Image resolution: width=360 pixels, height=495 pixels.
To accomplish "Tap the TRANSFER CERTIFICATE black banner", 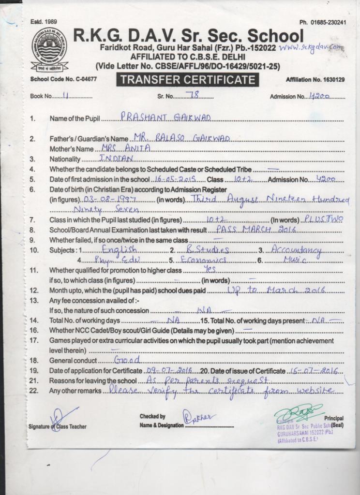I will click(x=187, y=80).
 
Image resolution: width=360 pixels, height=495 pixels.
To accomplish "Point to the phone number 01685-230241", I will click(x=323, y=22).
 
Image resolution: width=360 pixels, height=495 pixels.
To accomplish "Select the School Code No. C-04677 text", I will click(x=63, y=79).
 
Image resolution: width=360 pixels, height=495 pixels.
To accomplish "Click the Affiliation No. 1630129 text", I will click(x=315, y=79).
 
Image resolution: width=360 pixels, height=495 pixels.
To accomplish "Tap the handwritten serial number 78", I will click(x=194, y=95).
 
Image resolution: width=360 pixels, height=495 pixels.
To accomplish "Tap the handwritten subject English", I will click(x=120, y=249).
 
